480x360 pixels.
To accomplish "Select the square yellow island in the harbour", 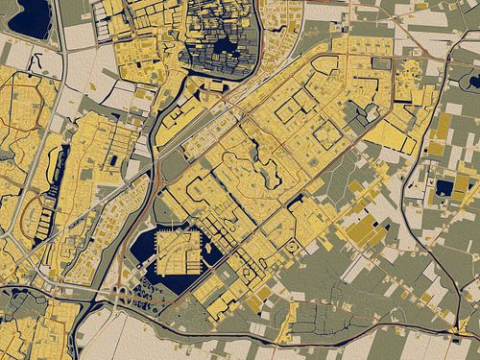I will click(175, 252).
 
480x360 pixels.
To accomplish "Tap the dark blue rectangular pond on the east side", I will click(444, 188).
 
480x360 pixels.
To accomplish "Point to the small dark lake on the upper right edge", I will click(472, 83).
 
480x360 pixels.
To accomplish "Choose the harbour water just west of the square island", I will click(144, 248).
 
